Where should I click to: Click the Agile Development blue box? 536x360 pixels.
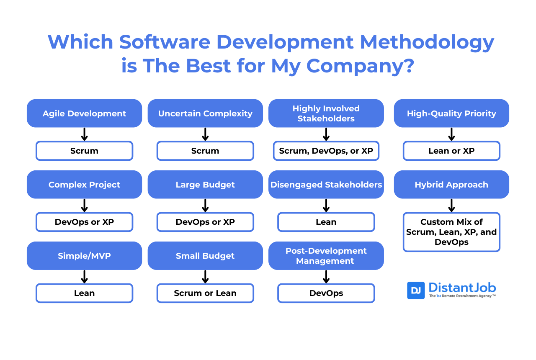(x=84, y=113)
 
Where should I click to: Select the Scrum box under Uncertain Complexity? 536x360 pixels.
(x=205, y=151)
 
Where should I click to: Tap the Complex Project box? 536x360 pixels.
(x=84, y=185)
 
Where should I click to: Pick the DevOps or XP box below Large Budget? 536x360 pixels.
(x=205, y=222)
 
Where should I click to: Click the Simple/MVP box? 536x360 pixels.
(x=84, y=256)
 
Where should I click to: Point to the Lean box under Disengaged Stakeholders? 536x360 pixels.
(x=326, y=222)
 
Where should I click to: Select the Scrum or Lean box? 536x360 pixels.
(x=205, y=293)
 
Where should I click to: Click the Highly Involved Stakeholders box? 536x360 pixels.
(x=326, y=113)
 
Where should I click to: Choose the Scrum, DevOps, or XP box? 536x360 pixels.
(x=326, y=151)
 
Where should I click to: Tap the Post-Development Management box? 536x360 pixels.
(x=326, y=256)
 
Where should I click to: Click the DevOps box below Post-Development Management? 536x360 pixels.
(x=326, y=293)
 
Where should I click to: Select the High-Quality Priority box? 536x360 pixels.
(x=451, y=113)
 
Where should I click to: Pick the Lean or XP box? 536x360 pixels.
(x=451, y=151)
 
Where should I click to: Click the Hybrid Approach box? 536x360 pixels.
(x=451, y=185)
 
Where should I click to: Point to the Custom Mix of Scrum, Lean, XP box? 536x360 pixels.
(x=451, y=232)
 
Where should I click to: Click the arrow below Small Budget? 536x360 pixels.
(x=205, y=276)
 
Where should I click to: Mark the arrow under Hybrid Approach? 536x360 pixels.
(x=451, y=205)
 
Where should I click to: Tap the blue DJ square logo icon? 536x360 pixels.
(x=416, y=291)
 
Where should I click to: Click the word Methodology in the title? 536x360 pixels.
(x=427, y=42)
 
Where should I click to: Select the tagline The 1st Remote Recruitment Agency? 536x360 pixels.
(x=462, y=296)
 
